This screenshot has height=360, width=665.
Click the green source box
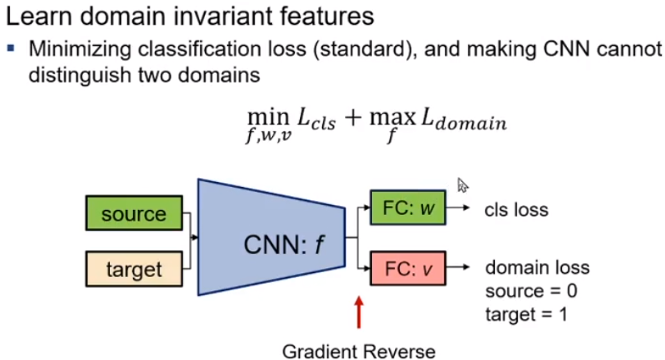[x=134, y=213]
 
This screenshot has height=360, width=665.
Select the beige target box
[x=134, y=269]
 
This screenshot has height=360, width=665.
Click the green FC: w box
[x=408, y=208]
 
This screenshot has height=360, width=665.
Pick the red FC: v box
[x=408, y=269]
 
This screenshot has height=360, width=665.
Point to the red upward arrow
[x=359, y=312]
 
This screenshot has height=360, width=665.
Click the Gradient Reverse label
[x=359, y=351]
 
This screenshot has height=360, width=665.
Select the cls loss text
[x=516, y=210]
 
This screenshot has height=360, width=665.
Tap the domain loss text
[x=537, y=267]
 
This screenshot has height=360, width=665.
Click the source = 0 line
[x=531, y=291]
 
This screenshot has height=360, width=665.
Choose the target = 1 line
[x=526, y=315]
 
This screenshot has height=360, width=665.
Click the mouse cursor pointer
[x=462, y=185]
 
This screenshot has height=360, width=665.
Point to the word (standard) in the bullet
[x=365, y=49]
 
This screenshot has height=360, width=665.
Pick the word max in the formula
[x=392, y=118]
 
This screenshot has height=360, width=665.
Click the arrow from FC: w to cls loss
[x=457, y=208]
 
